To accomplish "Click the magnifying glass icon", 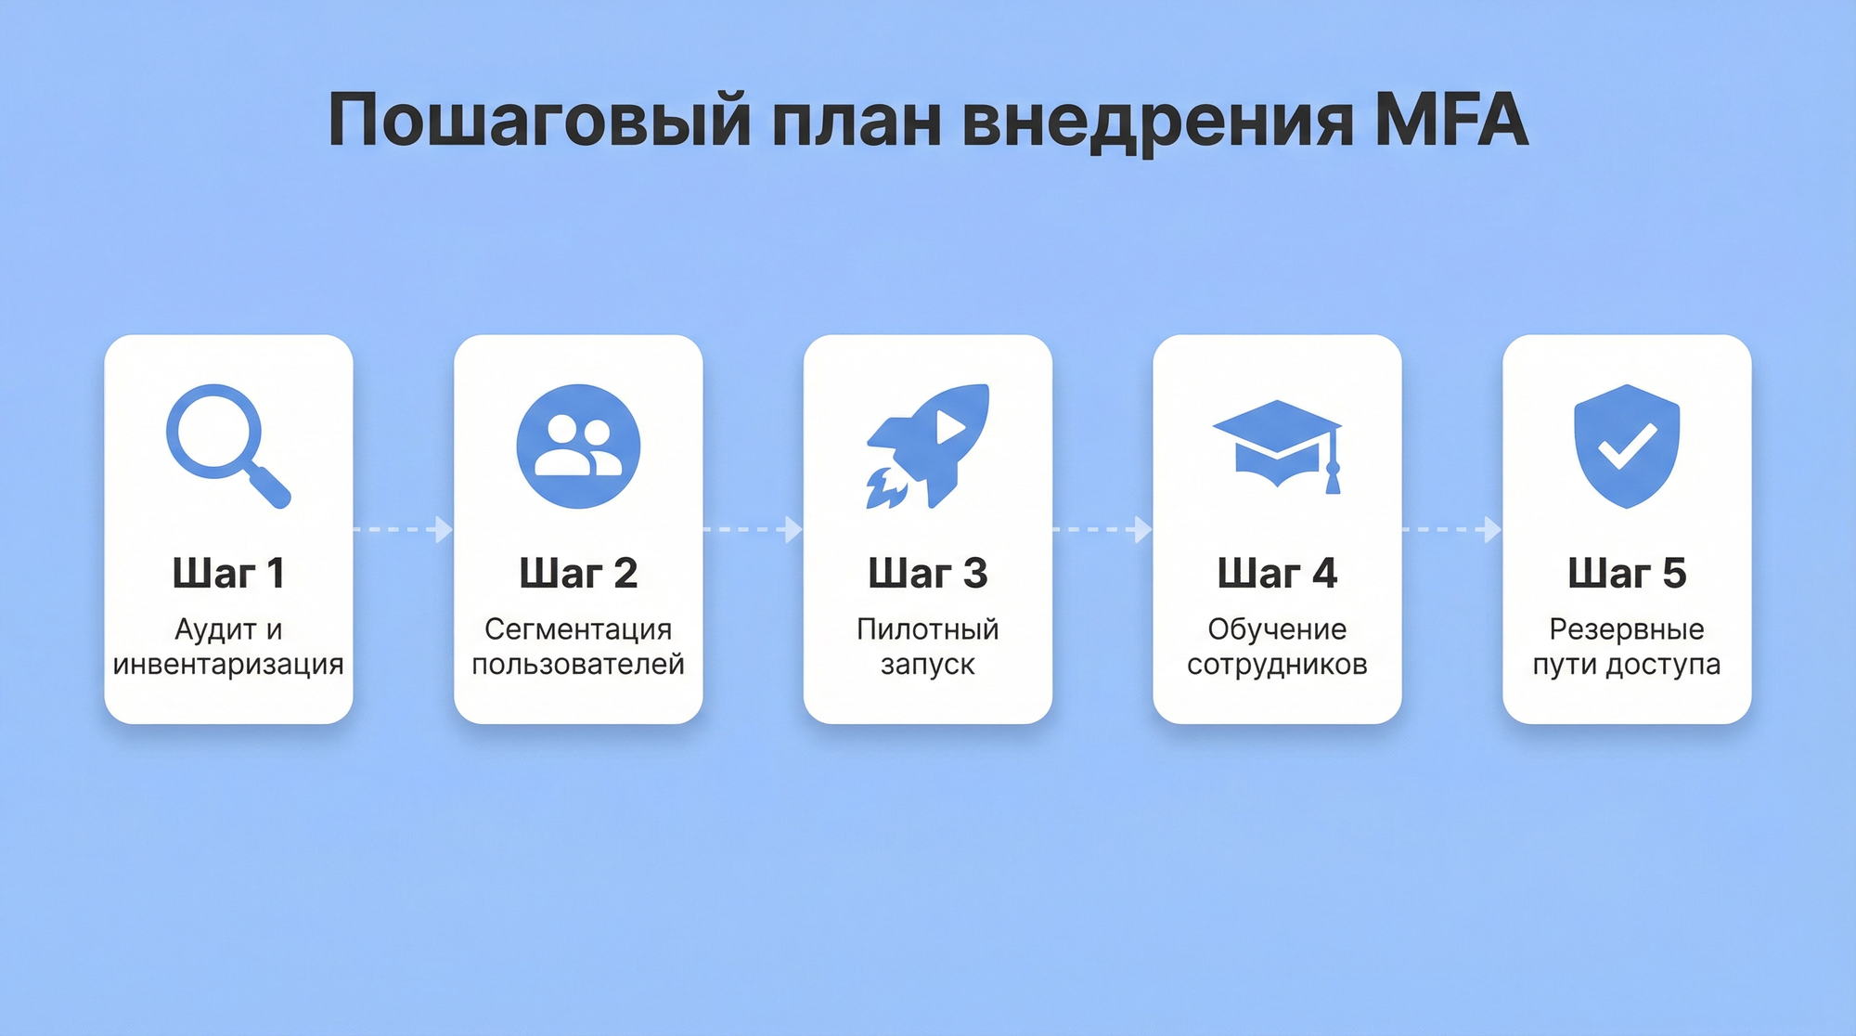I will [x=226, y=445].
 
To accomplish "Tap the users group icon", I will [x=578, y=446].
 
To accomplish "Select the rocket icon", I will [x=928, y=446].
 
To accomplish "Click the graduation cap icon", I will [x=1278, y=445].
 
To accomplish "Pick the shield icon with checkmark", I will [x=1627, y=446].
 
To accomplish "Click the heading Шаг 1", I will [x=228, y=574].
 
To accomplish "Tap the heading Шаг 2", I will [x=578, y=574].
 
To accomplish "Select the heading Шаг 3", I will [x=928, y=574].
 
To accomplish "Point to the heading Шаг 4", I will [x=1277, y=574].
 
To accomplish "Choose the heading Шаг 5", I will [x=1627, y=574].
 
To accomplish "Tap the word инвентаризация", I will [x=228, y=665].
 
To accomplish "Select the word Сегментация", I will [x=578, y=629].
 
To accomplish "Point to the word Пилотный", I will [x=928, y=629].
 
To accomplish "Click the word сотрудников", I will [x=1277, y=665].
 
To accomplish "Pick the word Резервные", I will [x=1627, y=629].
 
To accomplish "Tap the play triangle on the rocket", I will [x=949, y=427].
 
